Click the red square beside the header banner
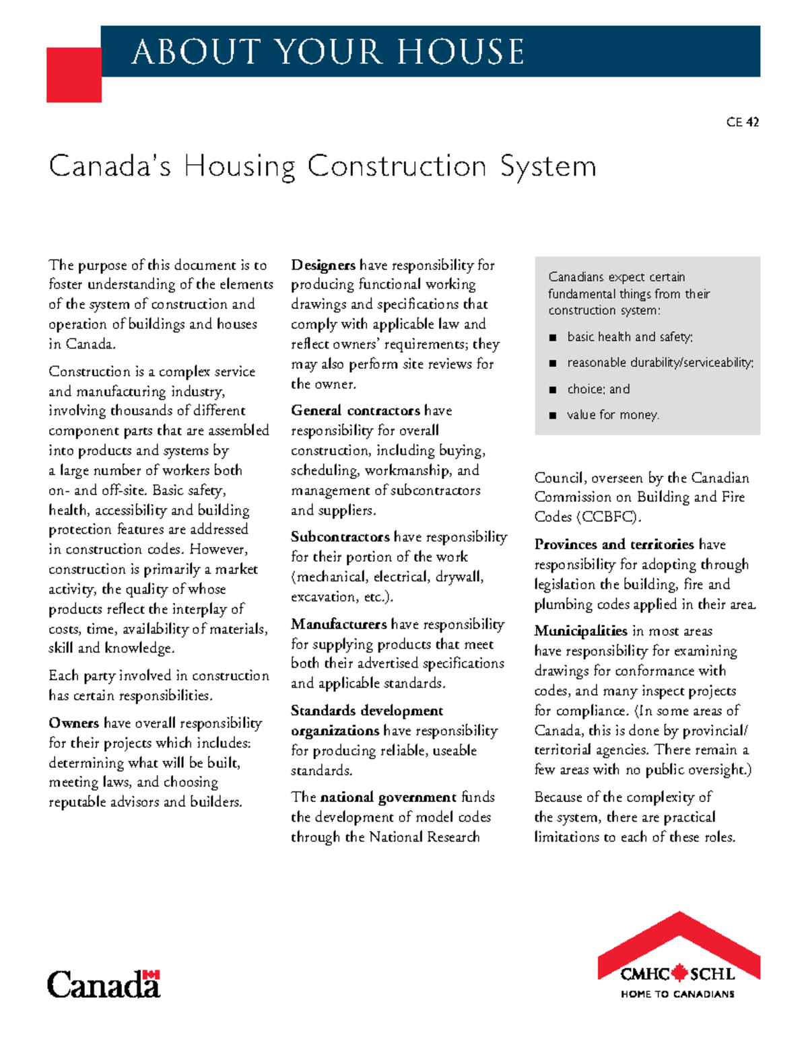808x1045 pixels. click(x=73, y=75)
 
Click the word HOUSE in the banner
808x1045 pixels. click(x=461, y=52)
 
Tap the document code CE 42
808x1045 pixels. click(x=743, y=122)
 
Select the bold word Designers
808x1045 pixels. click(x=323, y=265)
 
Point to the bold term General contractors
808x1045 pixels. click(x=356, y=410)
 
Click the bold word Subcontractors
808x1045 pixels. click(x=340, y=537)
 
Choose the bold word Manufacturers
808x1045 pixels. click(x=339, y=624)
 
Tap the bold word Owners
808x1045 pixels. click(x=74, y=723)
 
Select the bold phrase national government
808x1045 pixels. click(x=389, y=797)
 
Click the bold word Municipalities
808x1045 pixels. click(x=580, y=631)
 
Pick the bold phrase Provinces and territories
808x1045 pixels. click(x=614, y=544)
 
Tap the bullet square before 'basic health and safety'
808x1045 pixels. click(x=553, y=337)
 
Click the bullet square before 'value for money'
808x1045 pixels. click(x=553, y=415)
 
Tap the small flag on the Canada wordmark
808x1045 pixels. click(x=154, y=974)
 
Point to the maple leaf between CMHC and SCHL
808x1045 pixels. click(x=679, y=973)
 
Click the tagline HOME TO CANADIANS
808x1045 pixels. click(x=677, y=994)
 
